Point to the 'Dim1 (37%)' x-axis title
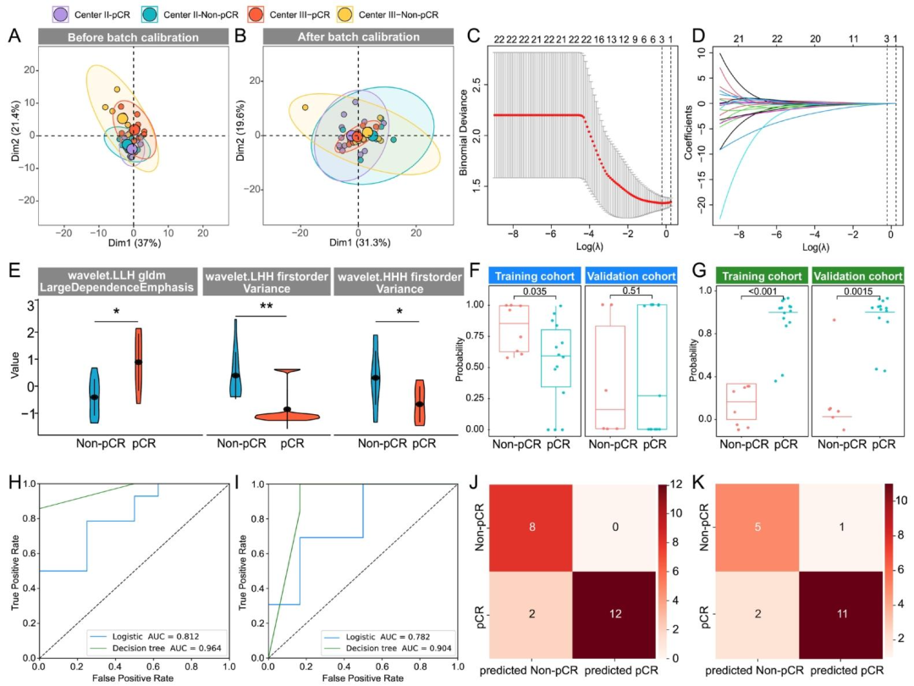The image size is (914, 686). point(134,251)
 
